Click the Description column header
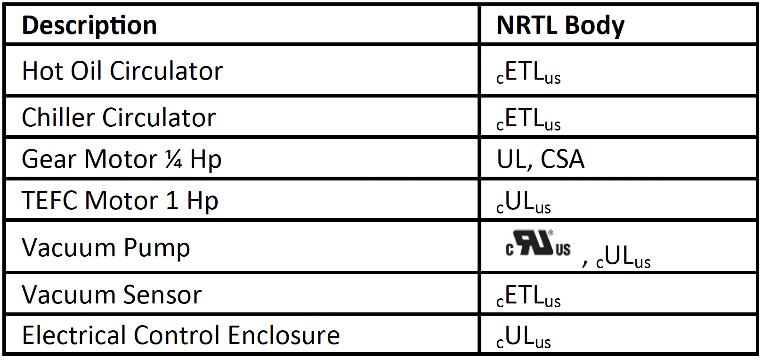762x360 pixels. coord(89,25)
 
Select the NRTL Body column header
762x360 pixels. coord(560,25)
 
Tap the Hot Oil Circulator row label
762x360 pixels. coord(122,71)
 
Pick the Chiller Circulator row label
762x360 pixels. coord(119,117)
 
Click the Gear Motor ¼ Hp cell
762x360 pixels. coord(122,159)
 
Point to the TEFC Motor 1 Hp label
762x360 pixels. coord(120,200)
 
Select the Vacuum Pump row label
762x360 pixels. coord(106,247)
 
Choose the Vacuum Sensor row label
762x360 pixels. coord(112,295)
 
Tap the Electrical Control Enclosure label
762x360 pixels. coord(181,335)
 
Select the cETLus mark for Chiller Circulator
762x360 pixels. coord(528,119)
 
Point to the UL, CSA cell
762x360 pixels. coord(541,159)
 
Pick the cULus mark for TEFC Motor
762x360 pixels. coord(524,203)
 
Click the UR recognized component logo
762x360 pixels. coord(538,244)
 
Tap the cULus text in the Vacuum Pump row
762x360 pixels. coord(623,257)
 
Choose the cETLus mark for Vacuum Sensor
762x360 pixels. coord(528,296)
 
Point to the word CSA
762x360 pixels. coord(562,159)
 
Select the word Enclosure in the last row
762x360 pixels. coord(284,335)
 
